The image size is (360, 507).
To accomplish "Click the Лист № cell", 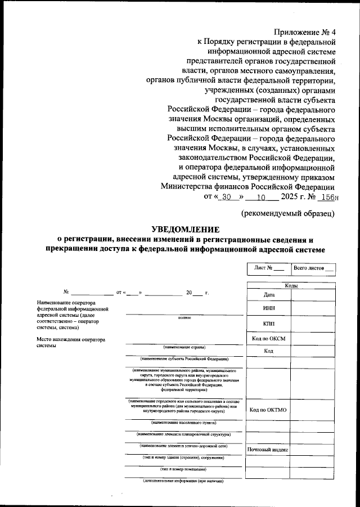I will tap(268, 268).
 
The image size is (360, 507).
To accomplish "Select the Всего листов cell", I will tap(313, 268).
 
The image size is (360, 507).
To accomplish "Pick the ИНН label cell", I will tap(268, 309).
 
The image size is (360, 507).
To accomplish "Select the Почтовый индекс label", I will tap(268, 450).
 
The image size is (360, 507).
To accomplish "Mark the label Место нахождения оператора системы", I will tap(71, 343).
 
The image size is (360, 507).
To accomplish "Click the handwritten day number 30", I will tap(227, 198).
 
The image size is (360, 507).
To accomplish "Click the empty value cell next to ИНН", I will tap(313, 309).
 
